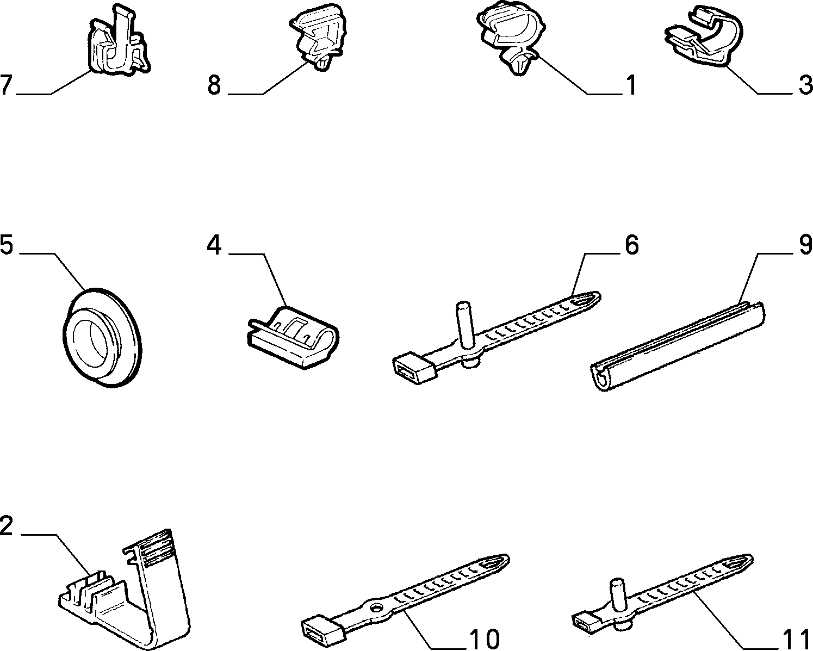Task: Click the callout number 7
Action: [x=7, y=85]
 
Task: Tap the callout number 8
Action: [x=214, y=85]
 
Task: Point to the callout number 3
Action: [x=805, y=85]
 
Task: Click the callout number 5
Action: [x=7, y=244]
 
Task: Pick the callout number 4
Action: [x=214, y=245]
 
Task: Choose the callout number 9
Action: [x=805, y=244]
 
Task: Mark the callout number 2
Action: [x=7, y=526]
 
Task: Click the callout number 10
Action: [x=485, y=639]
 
